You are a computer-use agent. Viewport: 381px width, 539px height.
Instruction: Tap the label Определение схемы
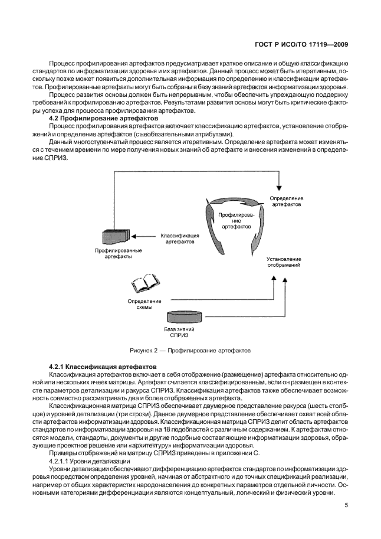140,304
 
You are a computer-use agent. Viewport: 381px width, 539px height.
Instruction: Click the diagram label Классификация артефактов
179,239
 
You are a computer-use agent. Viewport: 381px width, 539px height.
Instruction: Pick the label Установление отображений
284,262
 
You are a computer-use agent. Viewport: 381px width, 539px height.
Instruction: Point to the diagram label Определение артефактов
286,201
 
